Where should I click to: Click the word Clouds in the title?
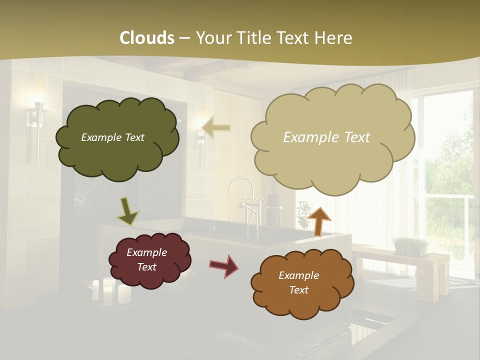147,38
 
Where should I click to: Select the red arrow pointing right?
224,265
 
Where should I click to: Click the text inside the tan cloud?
326,137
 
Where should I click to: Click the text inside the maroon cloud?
147,259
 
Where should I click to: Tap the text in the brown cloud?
298,282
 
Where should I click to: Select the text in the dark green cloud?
112,137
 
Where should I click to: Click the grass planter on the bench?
411,246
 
